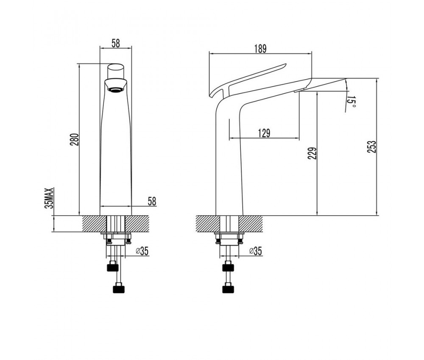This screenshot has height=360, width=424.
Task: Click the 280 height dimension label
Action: (74, 140)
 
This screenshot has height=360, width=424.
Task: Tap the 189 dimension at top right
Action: (260, 49)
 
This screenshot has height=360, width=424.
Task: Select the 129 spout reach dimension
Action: (264, 133)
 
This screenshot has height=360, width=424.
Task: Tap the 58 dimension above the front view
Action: (115, 43)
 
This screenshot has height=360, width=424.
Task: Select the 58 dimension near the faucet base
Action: (152, 201)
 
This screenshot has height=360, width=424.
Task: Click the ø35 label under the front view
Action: (142, 251)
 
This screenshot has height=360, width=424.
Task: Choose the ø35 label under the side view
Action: (255, 251)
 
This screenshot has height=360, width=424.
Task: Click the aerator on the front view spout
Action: (116, 90)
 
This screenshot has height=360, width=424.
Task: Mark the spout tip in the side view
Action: (346, 79)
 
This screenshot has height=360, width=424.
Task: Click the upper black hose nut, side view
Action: (228, 266)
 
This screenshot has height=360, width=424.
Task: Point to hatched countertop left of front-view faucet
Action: (91, 224)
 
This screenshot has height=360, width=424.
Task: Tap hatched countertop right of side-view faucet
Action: (251, 224)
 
